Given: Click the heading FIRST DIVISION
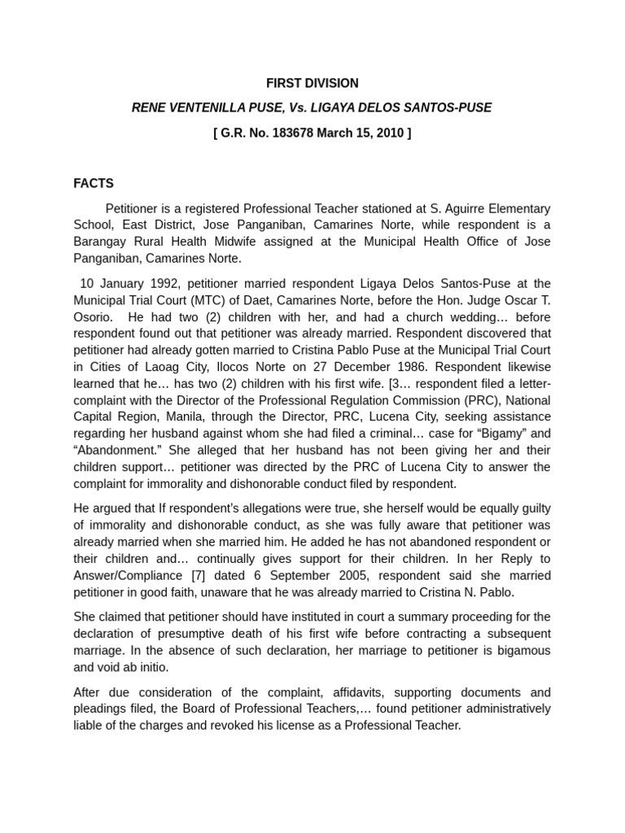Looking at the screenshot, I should [x=312, y=83].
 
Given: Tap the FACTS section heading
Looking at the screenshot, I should [x=94, y=183].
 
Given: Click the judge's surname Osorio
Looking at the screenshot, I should [x=95, y=316].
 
